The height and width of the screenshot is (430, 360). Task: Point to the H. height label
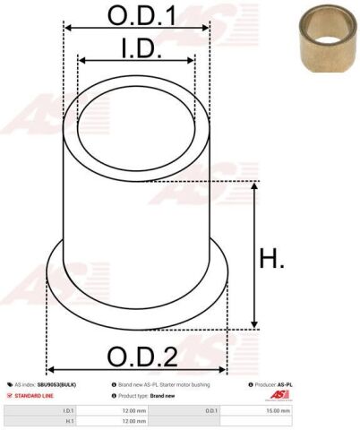pyautogui.click(x=271, y=261)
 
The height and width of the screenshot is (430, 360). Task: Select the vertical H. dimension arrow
pyautogui.click(x=255, y=254)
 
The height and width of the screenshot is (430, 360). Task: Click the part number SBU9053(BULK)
pyautogui.click(x=56, y=383)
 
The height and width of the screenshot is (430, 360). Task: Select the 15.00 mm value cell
pyautogui.click(x=279, y=409)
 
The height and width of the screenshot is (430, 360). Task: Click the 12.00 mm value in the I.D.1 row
pyautogui.click(x=134, y=409)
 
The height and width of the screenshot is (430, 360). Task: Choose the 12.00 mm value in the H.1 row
pyautogui.click(x=134, y=420)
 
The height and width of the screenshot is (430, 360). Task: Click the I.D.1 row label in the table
pyautogui.click(x=68, y=409)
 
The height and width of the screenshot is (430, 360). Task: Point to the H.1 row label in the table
pyautogui.click(x=68, y=420)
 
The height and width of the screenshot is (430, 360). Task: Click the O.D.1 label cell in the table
pyautogui.click(x=211, y=409)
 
